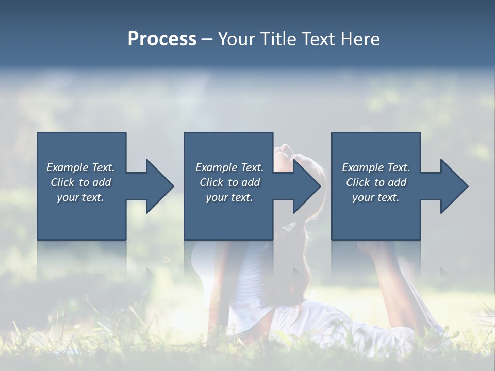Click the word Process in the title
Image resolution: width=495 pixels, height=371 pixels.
tap(162, 39)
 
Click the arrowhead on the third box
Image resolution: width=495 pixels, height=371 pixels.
tap(453, 186)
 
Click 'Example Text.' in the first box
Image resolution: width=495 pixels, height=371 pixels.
tap(80, 167)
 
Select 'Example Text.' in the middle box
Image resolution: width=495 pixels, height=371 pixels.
tap(229, 167)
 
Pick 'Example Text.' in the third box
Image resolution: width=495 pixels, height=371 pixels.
tap(376, 167)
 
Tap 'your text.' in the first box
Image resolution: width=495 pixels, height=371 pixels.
tap(80, 197)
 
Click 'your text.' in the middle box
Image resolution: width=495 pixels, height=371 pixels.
tap(229, 197)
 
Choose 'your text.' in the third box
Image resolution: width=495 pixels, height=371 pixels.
tap(376, 197)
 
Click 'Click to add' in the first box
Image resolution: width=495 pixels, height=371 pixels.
tap(80, 182)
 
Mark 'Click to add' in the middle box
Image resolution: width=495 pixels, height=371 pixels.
tap(229, 182)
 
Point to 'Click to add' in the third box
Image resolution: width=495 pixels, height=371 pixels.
tap(376, 182)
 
